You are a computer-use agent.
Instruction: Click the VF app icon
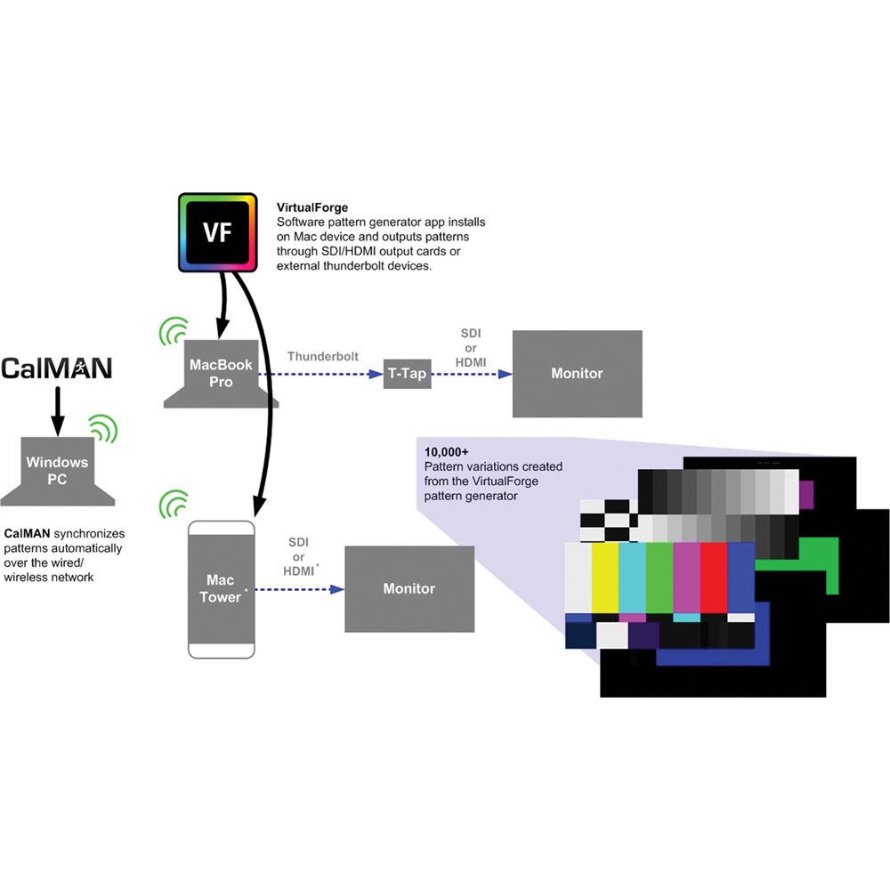pyautogui.click(x=217, y=233)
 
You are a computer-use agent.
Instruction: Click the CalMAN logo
pyautogui.click(x=57, y=368)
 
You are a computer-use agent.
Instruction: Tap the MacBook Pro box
pyautogui.click(x=221, y=374)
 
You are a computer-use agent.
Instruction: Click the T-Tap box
pyautogui.click(x=407, y=374)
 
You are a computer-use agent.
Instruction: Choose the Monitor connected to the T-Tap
pyautogui.click(x=577, y=374)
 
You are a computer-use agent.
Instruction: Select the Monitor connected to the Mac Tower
pyautogui.click(x=409, y=588)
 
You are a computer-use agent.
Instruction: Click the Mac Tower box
pyautogui.click(x=221, y=589)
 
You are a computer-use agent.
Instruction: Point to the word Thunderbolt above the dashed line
pyautogui.click(x=323, y=356)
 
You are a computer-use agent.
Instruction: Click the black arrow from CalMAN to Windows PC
pyautogui.click(x=57, y=410)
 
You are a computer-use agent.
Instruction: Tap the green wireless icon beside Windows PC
pyautogui.click(x=104, y=431)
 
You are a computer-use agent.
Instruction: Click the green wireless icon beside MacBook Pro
pyautogui.click(x=173, y=331)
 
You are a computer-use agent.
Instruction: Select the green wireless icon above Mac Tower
pyautogui.click(x=173, y=504)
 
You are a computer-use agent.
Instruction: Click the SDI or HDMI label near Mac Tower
pyautogui.click(x=299, y=556)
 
